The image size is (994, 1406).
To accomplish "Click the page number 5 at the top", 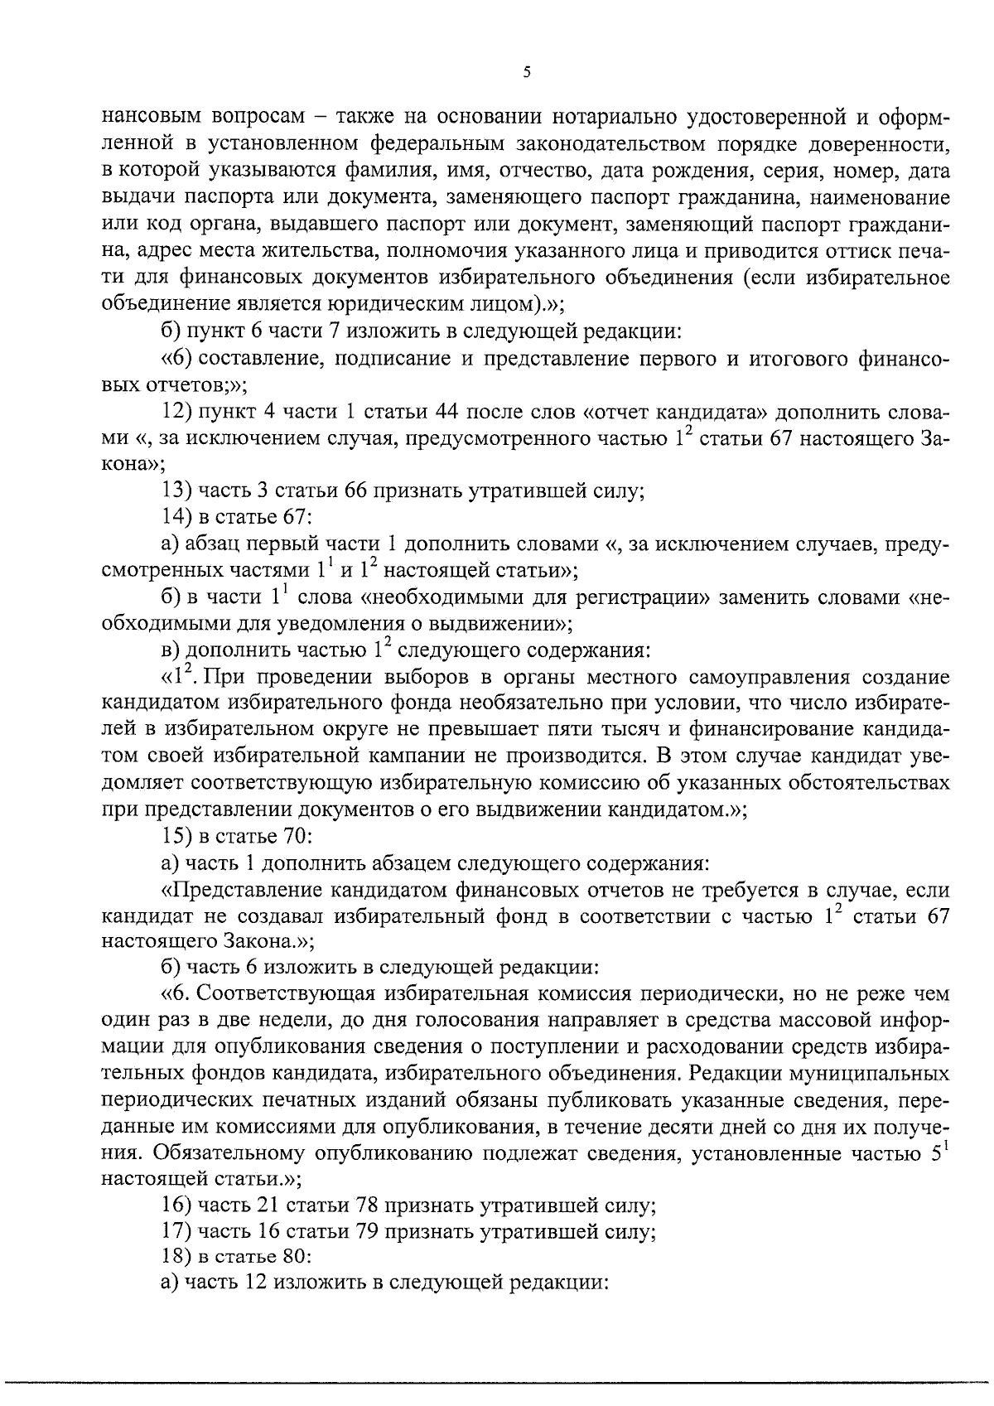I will click(527, 72).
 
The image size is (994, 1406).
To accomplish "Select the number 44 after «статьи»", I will click(451, 413).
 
